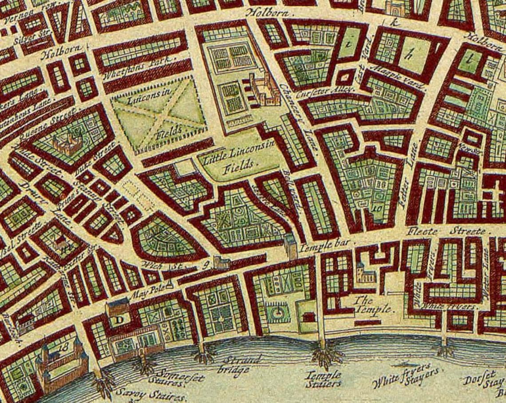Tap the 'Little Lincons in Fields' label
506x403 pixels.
239,158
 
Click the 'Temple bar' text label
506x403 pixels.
325,243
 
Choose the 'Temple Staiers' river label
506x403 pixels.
323,380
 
